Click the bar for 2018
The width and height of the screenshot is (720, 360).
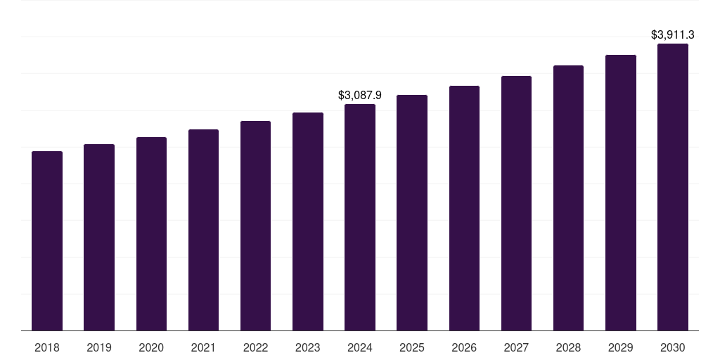coord(47,240)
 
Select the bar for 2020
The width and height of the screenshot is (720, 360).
coord(151,233)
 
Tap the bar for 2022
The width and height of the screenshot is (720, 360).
coord(255,226)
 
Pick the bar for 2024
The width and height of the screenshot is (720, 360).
coord(360,217)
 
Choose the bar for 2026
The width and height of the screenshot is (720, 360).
coord(464,208)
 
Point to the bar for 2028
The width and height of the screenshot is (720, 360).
coord(568,198)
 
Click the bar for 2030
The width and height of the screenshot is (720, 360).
coord(672,187)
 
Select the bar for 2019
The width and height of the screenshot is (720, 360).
coord(99,237)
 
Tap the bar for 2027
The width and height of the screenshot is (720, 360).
coord(516,203)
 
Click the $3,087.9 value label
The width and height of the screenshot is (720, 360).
coord(360,95)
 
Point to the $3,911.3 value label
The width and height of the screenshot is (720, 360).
coord(672,34)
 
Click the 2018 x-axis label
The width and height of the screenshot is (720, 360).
coord(47,347)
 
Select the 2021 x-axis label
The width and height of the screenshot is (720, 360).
coord(203,347)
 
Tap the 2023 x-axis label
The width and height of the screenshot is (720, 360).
coord(307,347)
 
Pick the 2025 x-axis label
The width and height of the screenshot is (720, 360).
coord(412,347)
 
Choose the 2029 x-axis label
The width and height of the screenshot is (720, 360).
coord(620,347)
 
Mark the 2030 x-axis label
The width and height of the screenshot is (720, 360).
coord(672,347)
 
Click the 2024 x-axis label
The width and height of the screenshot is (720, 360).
coord(360,347)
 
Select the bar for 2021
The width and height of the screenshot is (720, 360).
coord(203,230)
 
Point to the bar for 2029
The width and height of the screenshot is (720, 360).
coord(620,193)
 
